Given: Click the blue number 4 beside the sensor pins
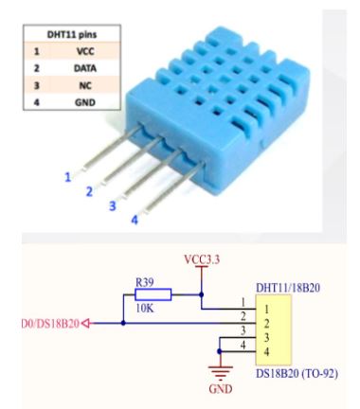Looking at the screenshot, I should click(x=134, y=221).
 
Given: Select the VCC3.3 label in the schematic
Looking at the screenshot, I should click(x=201, y=258).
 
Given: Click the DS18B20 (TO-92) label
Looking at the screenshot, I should click(x=297, y=375).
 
